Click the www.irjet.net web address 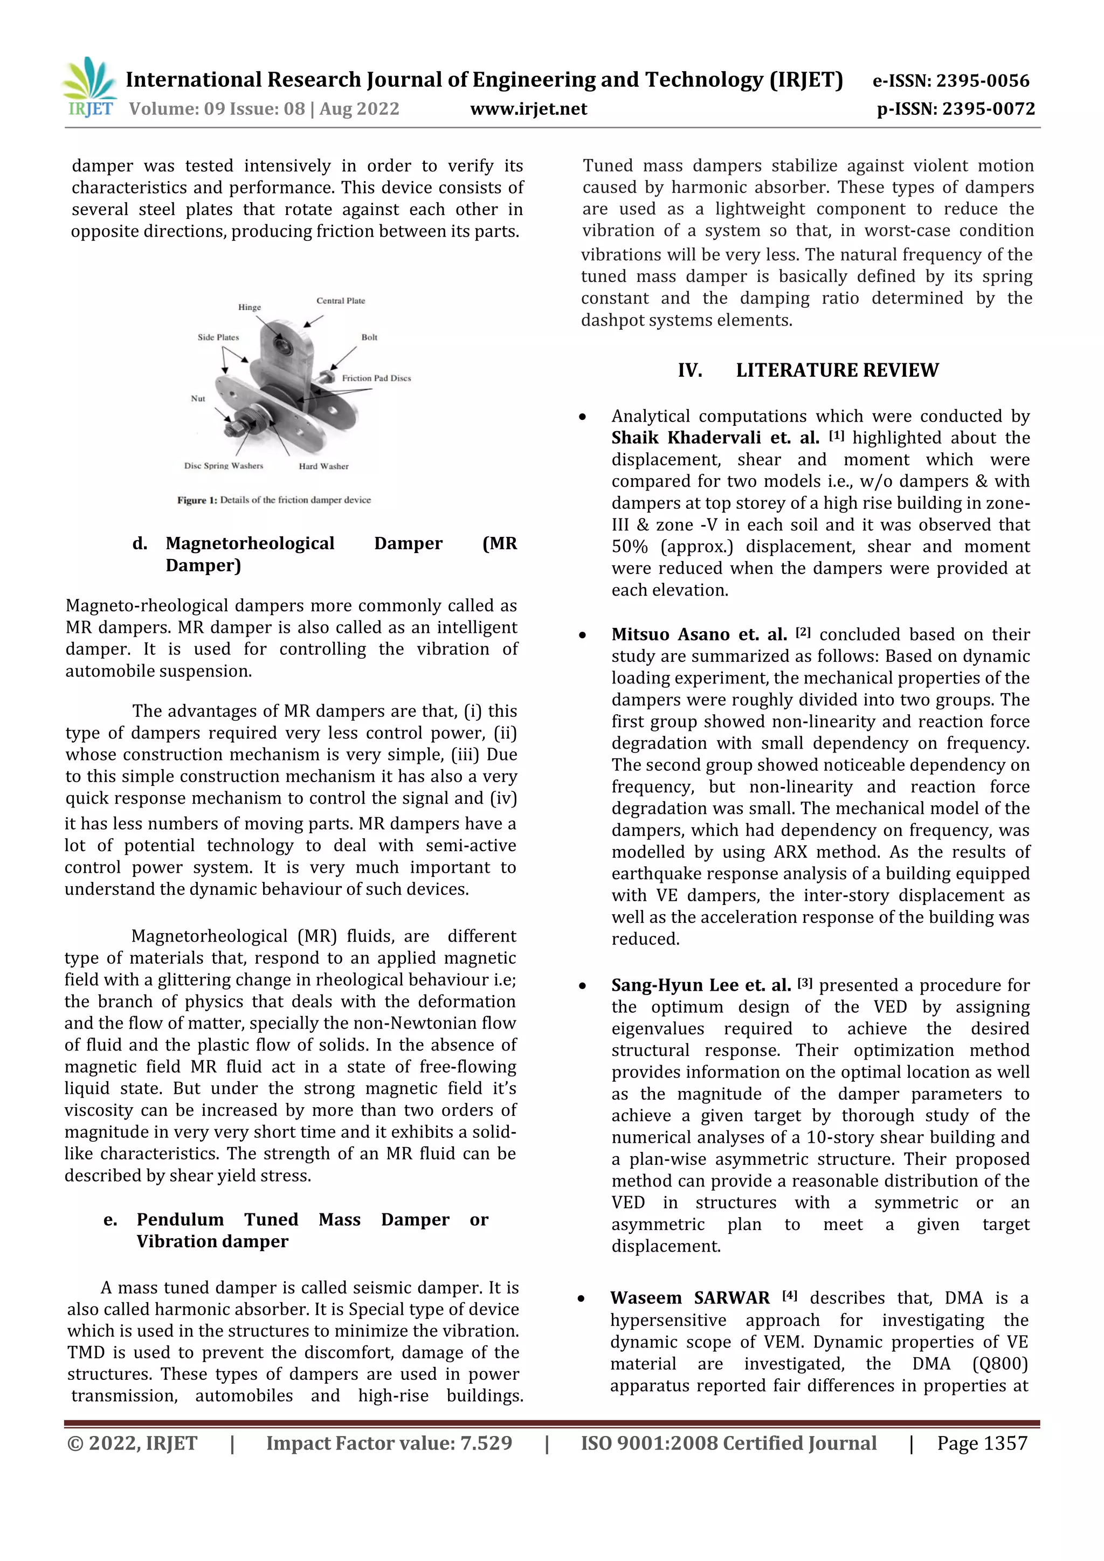pyautogui.click(x=528, y=109)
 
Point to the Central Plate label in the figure pyautogui.click(x=341, y=301)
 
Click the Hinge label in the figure pyautogui.click(x=250, y=307)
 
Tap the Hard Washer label pyautogui.click(x=323, y=466)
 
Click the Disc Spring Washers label pyautogui.click(x=223, y=466)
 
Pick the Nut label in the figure pyautogui.click(x=198, y=398)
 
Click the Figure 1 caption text pyautogui.click(x=274, y=500)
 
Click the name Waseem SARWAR pyautogui.click(x=689, y=1298)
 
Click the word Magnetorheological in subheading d pyautogui.click(x=250, y=543)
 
